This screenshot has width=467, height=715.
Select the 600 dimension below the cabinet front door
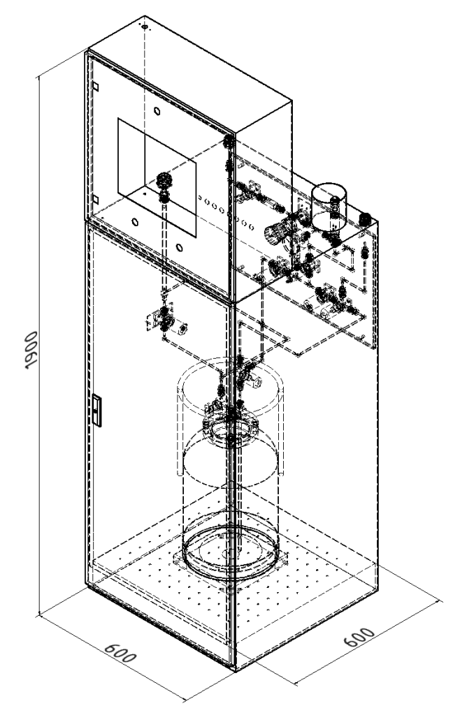click(x=120, y=653)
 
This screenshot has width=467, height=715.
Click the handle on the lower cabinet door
click(x=96, y=411)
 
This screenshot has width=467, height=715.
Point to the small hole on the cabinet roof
click(x=145, y=27)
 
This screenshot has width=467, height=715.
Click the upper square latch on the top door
click(x=95, y=86)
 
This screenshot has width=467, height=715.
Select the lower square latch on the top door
click(x=95, y=199)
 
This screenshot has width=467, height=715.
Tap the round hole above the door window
click(x=157, y=111)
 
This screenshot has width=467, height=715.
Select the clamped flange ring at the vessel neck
click(x=231, y=429)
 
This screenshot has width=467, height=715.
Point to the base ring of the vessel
click(x=231, y=552)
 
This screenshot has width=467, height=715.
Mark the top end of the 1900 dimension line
click(x=39, y=77)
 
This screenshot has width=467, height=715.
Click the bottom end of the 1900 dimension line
click(x=40, y=615)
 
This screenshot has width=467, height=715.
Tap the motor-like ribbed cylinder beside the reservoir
click(x=275, y=232)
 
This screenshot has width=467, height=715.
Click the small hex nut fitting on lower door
click(x=182, y=328)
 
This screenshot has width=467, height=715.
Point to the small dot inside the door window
click(x=144, y=193)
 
